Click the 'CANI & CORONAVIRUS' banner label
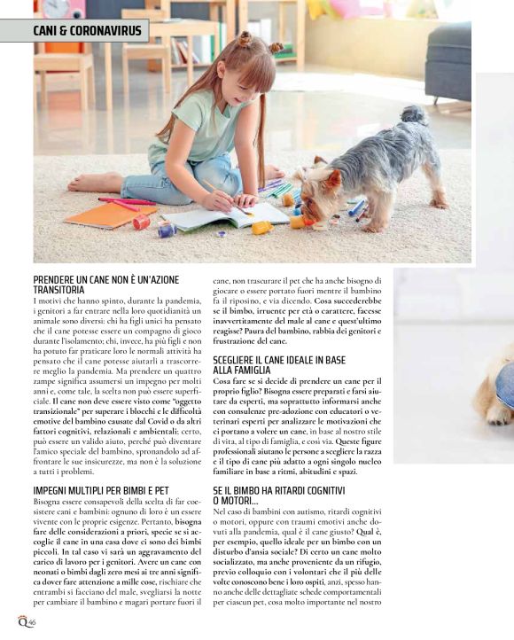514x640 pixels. tap(78, 32)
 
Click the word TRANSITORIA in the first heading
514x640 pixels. tap(59, 289)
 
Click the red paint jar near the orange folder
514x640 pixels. tap(141, 222)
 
